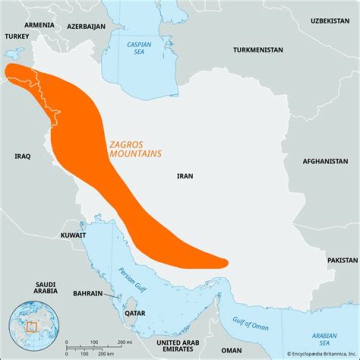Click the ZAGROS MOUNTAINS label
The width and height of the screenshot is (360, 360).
135,149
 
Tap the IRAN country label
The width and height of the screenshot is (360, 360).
185,176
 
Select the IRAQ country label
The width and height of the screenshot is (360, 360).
22,156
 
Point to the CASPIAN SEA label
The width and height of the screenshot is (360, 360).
139,48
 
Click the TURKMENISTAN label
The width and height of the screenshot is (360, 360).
258,50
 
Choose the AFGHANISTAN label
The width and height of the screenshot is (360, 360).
325,161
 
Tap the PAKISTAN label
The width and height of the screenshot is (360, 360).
342,260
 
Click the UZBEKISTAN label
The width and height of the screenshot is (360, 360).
330,21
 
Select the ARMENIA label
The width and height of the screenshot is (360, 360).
39,25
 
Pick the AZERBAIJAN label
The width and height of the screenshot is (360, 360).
86,26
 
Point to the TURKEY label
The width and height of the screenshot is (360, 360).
17,36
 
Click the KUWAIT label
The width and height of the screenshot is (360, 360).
73,235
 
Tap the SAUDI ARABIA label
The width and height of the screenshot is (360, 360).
45,287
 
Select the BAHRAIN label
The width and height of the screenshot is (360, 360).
88,293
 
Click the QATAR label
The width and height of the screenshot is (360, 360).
134,313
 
